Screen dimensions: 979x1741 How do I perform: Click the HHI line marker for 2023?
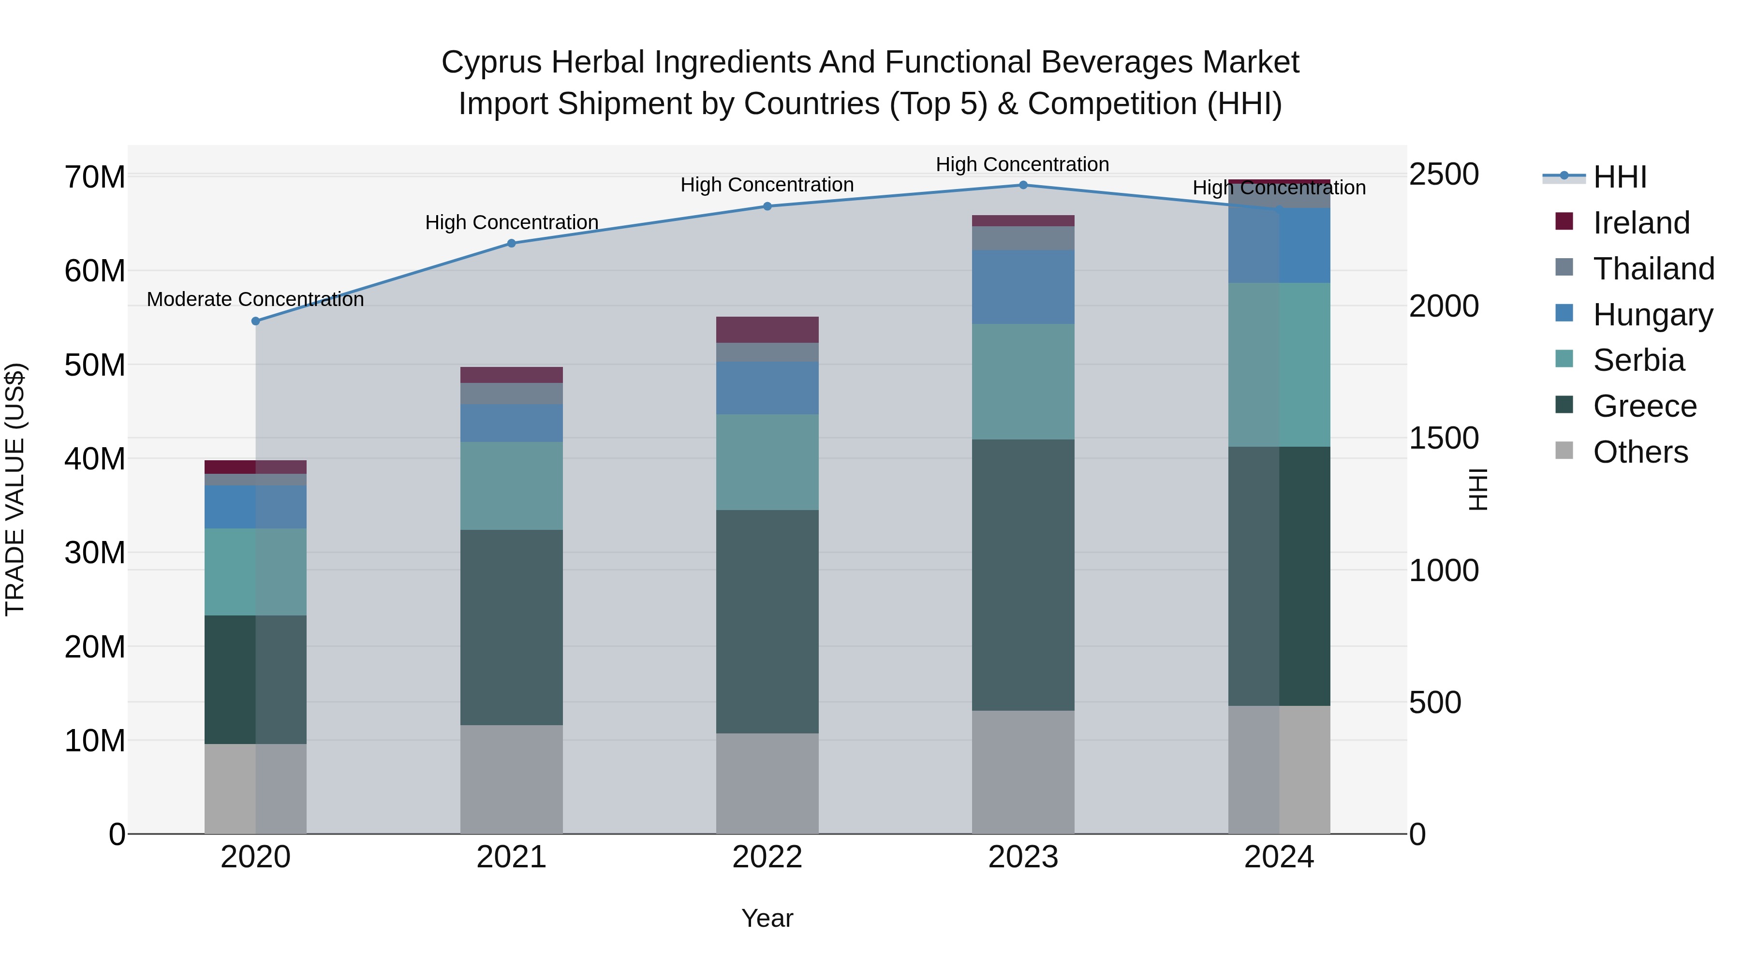click(x=1022, y=185)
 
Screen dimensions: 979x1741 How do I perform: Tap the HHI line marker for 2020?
click(x=255, y=321)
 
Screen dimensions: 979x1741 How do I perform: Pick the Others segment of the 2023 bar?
click(x=1022, y=772)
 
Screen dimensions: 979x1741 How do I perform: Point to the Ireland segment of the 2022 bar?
click(x=767, y=330)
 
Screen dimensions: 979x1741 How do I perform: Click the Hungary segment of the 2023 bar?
click(x=1022, y=287)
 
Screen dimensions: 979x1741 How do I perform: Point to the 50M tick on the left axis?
click(x=95, y=365)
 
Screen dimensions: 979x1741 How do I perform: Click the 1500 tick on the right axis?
click(x=1444, y=438)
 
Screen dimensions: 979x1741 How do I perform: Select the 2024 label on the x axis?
click(x=1279, y=857)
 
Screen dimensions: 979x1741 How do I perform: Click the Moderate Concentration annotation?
click(x=255, y=299)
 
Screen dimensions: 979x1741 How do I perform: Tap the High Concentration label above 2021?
click(x=512, y=222)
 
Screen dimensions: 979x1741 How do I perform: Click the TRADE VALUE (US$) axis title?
click(x=15, y=489)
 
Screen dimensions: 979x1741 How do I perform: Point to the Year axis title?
click(x=767, y=918)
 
